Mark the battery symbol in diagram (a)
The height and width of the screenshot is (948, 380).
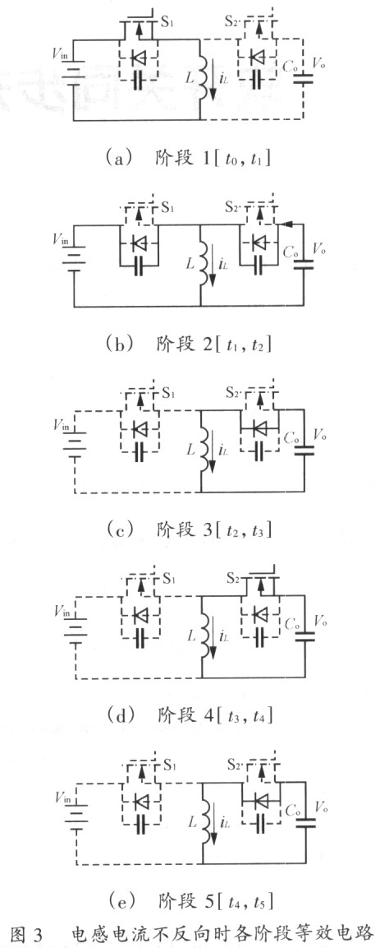tap(73, 77)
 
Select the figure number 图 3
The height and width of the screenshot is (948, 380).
tap(26, 934)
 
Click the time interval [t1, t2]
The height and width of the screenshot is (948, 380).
tap(241, 344)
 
